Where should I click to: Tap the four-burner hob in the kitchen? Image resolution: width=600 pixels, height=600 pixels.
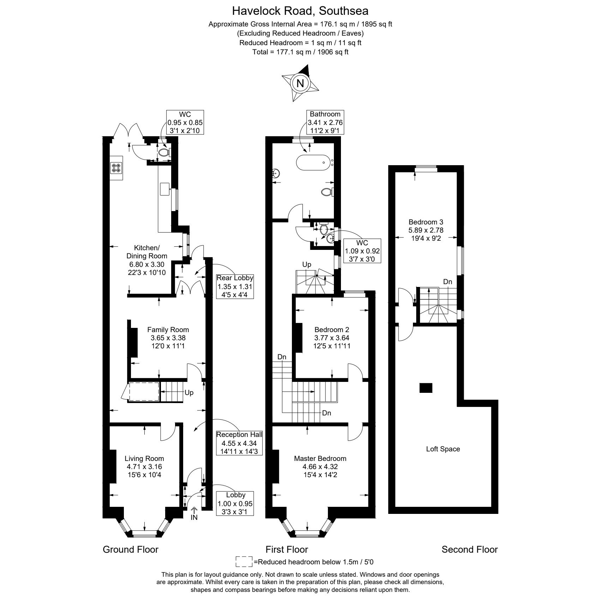point(116,167)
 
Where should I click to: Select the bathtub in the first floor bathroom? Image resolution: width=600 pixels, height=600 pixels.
point(313,163)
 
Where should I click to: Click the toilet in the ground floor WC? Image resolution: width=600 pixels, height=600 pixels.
point(163,152)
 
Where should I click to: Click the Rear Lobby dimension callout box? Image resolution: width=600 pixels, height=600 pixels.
point(235,286)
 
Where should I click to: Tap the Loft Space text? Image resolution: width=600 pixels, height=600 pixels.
point(443,449)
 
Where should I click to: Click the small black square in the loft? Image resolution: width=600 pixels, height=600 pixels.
point(426,388)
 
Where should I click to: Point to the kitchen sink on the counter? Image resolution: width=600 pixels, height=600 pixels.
point(164,189)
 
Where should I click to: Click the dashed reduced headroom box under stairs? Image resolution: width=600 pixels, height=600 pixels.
point(144,391)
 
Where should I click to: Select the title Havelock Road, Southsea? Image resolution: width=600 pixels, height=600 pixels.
point(300,11)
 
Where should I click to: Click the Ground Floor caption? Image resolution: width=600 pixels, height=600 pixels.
point(131,550)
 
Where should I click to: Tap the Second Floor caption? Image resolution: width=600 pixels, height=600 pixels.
point(469,550)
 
